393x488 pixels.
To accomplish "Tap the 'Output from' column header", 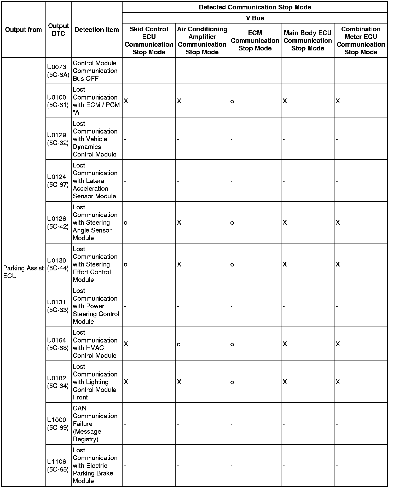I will (24, 30).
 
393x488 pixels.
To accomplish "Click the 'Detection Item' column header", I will (97, 30).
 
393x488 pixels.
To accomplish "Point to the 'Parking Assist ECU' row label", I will (23, 272).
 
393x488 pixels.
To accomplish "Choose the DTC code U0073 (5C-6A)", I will (58, 71).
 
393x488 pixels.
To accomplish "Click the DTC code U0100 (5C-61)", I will (58, 101).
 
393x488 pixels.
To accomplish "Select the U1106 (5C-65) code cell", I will (58, 466).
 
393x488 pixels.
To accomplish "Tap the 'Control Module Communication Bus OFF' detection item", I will (95, 71).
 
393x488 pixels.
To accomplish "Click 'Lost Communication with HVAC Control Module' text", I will (95, 344).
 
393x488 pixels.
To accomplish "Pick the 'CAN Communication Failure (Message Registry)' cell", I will (95, 423).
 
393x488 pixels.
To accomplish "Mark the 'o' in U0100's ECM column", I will (232, 101).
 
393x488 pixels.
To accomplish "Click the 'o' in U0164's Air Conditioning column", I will (179, 344).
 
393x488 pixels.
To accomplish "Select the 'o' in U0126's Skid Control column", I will (126, 223).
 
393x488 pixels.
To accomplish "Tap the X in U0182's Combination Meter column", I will (338, 382).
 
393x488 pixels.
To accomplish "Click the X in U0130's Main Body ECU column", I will (285, 264).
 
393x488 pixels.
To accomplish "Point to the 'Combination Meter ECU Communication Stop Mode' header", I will (361, 40).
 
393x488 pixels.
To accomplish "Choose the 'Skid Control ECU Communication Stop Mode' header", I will (149, 40).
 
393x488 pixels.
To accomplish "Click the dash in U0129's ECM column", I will (232, 139).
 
